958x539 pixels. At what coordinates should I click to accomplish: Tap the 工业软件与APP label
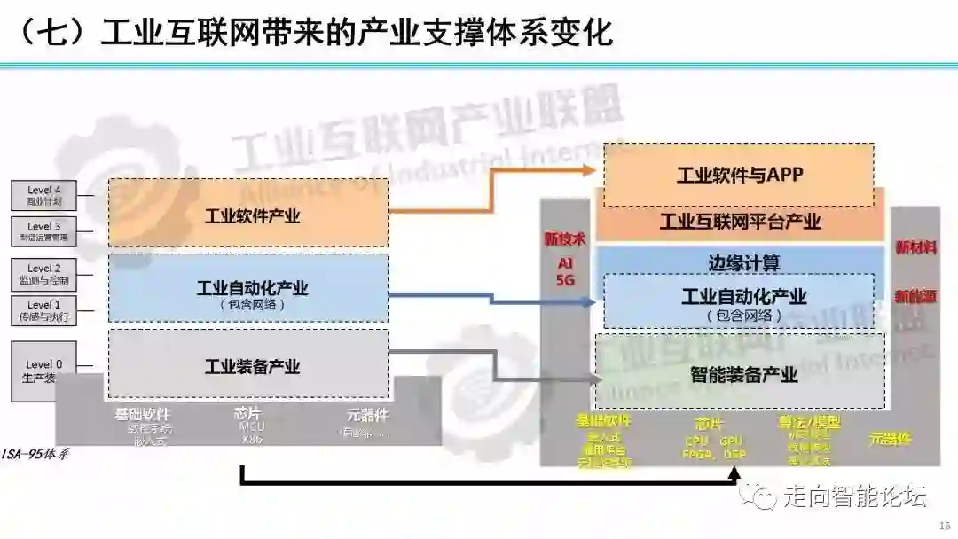pyautogui.click(x=740, y=175)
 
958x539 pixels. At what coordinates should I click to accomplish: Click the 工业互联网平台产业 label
pyautogui.click(x=740, y=222)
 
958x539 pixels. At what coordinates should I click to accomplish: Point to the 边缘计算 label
pyautogui.click(x=743, y=263)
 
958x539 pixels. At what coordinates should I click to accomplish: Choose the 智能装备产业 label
pyautogui.click(x=743, y=374)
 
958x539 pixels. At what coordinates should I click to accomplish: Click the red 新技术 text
pyautogui.click(x=565, y=238)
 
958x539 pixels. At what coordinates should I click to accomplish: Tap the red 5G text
pyautogui.click(x=565, y=280)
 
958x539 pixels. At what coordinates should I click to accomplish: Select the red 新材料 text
pyautogui.click(x=915, y=247)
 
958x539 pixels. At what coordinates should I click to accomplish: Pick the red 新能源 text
pyautogui.click(x=915, y=296)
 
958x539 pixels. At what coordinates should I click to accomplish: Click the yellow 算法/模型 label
pyautogui.click(x=809, y=423)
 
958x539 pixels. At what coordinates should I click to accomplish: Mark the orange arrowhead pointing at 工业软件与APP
pyautogui.click(x=593, y=168)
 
